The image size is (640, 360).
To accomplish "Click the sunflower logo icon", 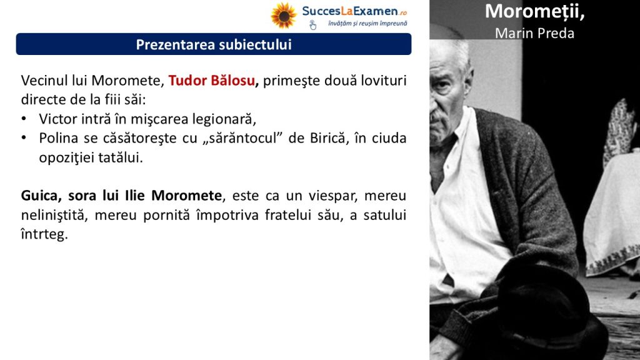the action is pos(284,16).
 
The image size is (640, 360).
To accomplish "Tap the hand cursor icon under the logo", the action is pos(312,25).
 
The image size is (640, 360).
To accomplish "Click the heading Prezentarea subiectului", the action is pos(214,44).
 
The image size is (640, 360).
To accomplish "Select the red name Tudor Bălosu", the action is pos(212,81).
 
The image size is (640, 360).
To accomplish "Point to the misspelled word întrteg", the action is pos(44,235).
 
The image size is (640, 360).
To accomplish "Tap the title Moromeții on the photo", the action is pos(535,11).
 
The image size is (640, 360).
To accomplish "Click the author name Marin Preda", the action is pos(535,33).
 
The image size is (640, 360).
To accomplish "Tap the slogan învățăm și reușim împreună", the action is pos(367,24).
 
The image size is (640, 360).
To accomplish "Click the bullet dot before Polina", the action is pos(24,138).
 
